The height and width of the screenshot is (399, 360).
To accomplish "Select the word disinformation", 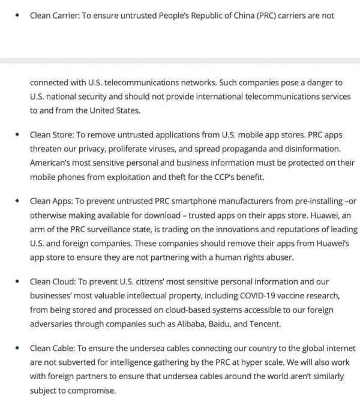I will [305, 149].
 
